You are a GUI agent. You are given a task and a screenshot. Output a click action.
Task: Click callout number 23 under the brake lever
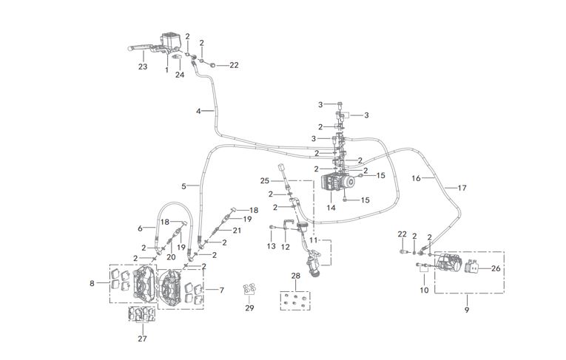coord(143,67)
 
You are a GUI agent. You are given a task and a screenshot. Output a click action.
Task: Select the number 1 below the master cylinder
coord(166,69)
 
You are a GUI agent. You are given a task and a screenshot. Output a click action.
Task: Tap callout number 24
coord(180,75)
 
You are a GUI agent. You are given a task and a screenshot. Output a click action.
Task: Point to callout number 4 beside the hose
coord(198,111)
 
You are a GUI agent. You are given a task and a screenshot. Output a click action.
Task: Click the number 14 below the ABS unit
coord(331,208)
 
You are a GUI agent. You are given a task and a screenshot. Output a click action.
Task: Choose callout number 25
coord(265,180)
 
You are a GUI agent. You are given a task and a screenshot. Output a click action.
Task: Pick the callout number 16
coord(417,178)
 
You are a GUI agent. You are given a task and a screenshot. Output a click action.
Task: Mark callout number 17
coord(462,188)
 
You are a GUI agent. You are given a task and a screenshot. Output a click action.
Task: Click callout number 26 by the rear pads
coord(496,268)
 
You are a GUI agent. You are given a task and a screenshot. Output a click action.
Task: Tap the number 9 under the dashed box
coord(467,310)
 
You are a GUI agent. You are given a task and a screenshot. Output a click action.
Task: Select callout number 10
coord(424,290)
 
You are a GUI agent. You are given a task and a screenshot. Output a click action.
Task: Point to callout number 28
coord(296,276)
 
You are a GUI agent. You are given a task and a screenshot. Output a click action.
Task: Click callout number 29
coord(249,308)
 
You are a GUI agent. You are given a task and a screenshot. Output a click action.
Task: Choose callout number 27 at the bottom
coord(142,339)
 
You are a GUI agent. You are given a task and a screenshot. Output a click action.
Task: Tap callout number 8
coord(92,284)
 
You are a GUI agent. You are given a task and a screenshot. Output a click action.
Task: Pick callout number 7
coord(222,290)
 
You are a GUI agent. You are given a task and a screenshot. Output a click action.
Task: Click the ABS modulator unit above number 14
coord(337,181)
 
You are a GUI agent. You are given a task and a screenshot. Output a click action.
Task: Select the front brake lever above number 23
coord(144,47)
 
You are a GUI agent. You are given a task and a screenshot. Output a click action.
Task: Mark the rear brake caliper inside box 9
coord(449,262)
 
